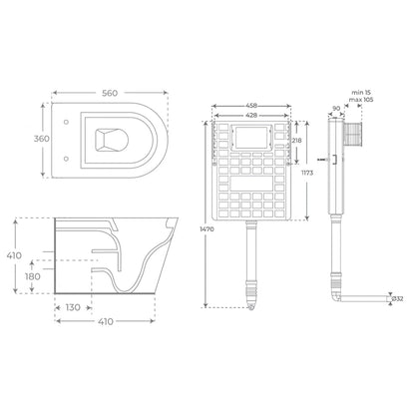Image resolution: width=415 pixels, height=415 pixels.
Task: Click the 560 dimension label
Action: [x=110, y=93]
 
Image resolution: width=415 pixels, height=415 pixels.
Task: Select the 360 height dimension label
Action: [x=42, y=139]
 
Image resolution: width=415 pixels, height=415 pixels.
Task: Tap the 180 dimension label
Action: [x=32, y=276]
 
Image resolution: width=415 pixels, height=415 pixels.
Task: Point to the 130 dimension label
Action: [x=73, y=307]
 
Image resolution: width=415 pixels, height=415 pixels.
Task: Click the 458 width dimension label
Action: [x=251, y=106]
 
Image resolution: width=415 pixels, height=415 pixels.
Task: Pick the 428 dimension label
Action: [x=251, y=116]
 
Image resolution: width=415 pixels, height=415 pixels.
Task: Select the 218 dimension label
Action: [x=296, y=141]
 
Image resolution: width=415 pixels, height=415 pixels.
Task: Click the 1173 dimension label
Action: [x=307, y=173]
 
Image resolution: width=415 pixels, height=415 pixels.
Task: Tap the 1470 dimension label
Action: [x=207, y=229]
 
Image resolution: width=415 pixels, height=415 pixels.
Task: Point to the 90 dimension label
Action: [x=336, y=109]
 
